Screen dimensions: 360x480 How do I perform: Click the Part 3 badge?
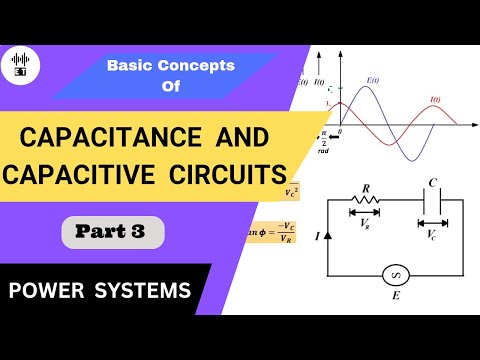[x=113, y=233]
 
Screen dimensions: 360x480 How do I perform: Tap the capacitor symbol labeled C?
[x=430, y=199]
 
